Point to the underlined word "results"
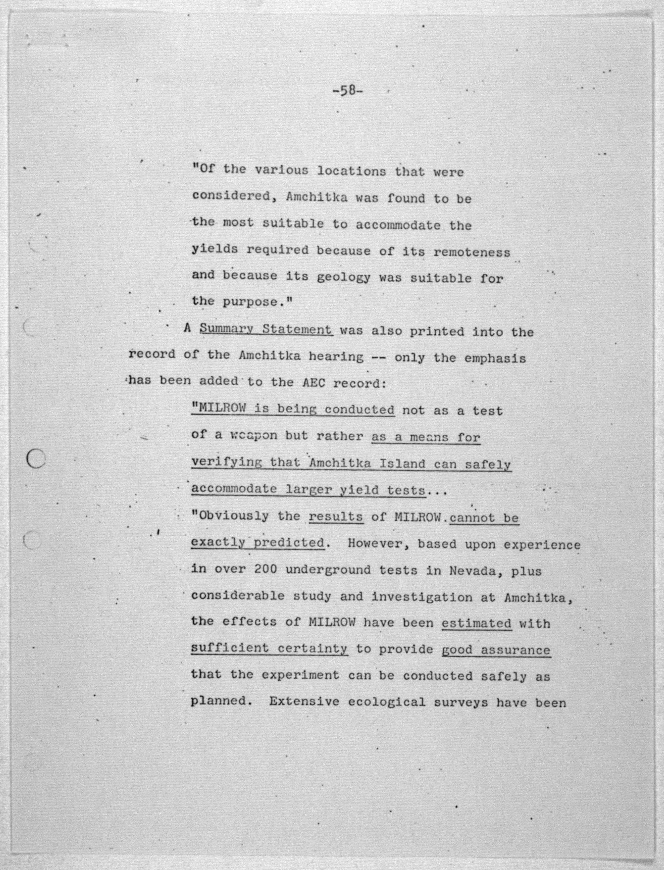click(336, 517)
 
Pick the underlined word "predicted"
click(289, 542)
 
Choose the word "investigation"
click(421, 597)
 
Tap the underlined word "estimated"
click(476, 623)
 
